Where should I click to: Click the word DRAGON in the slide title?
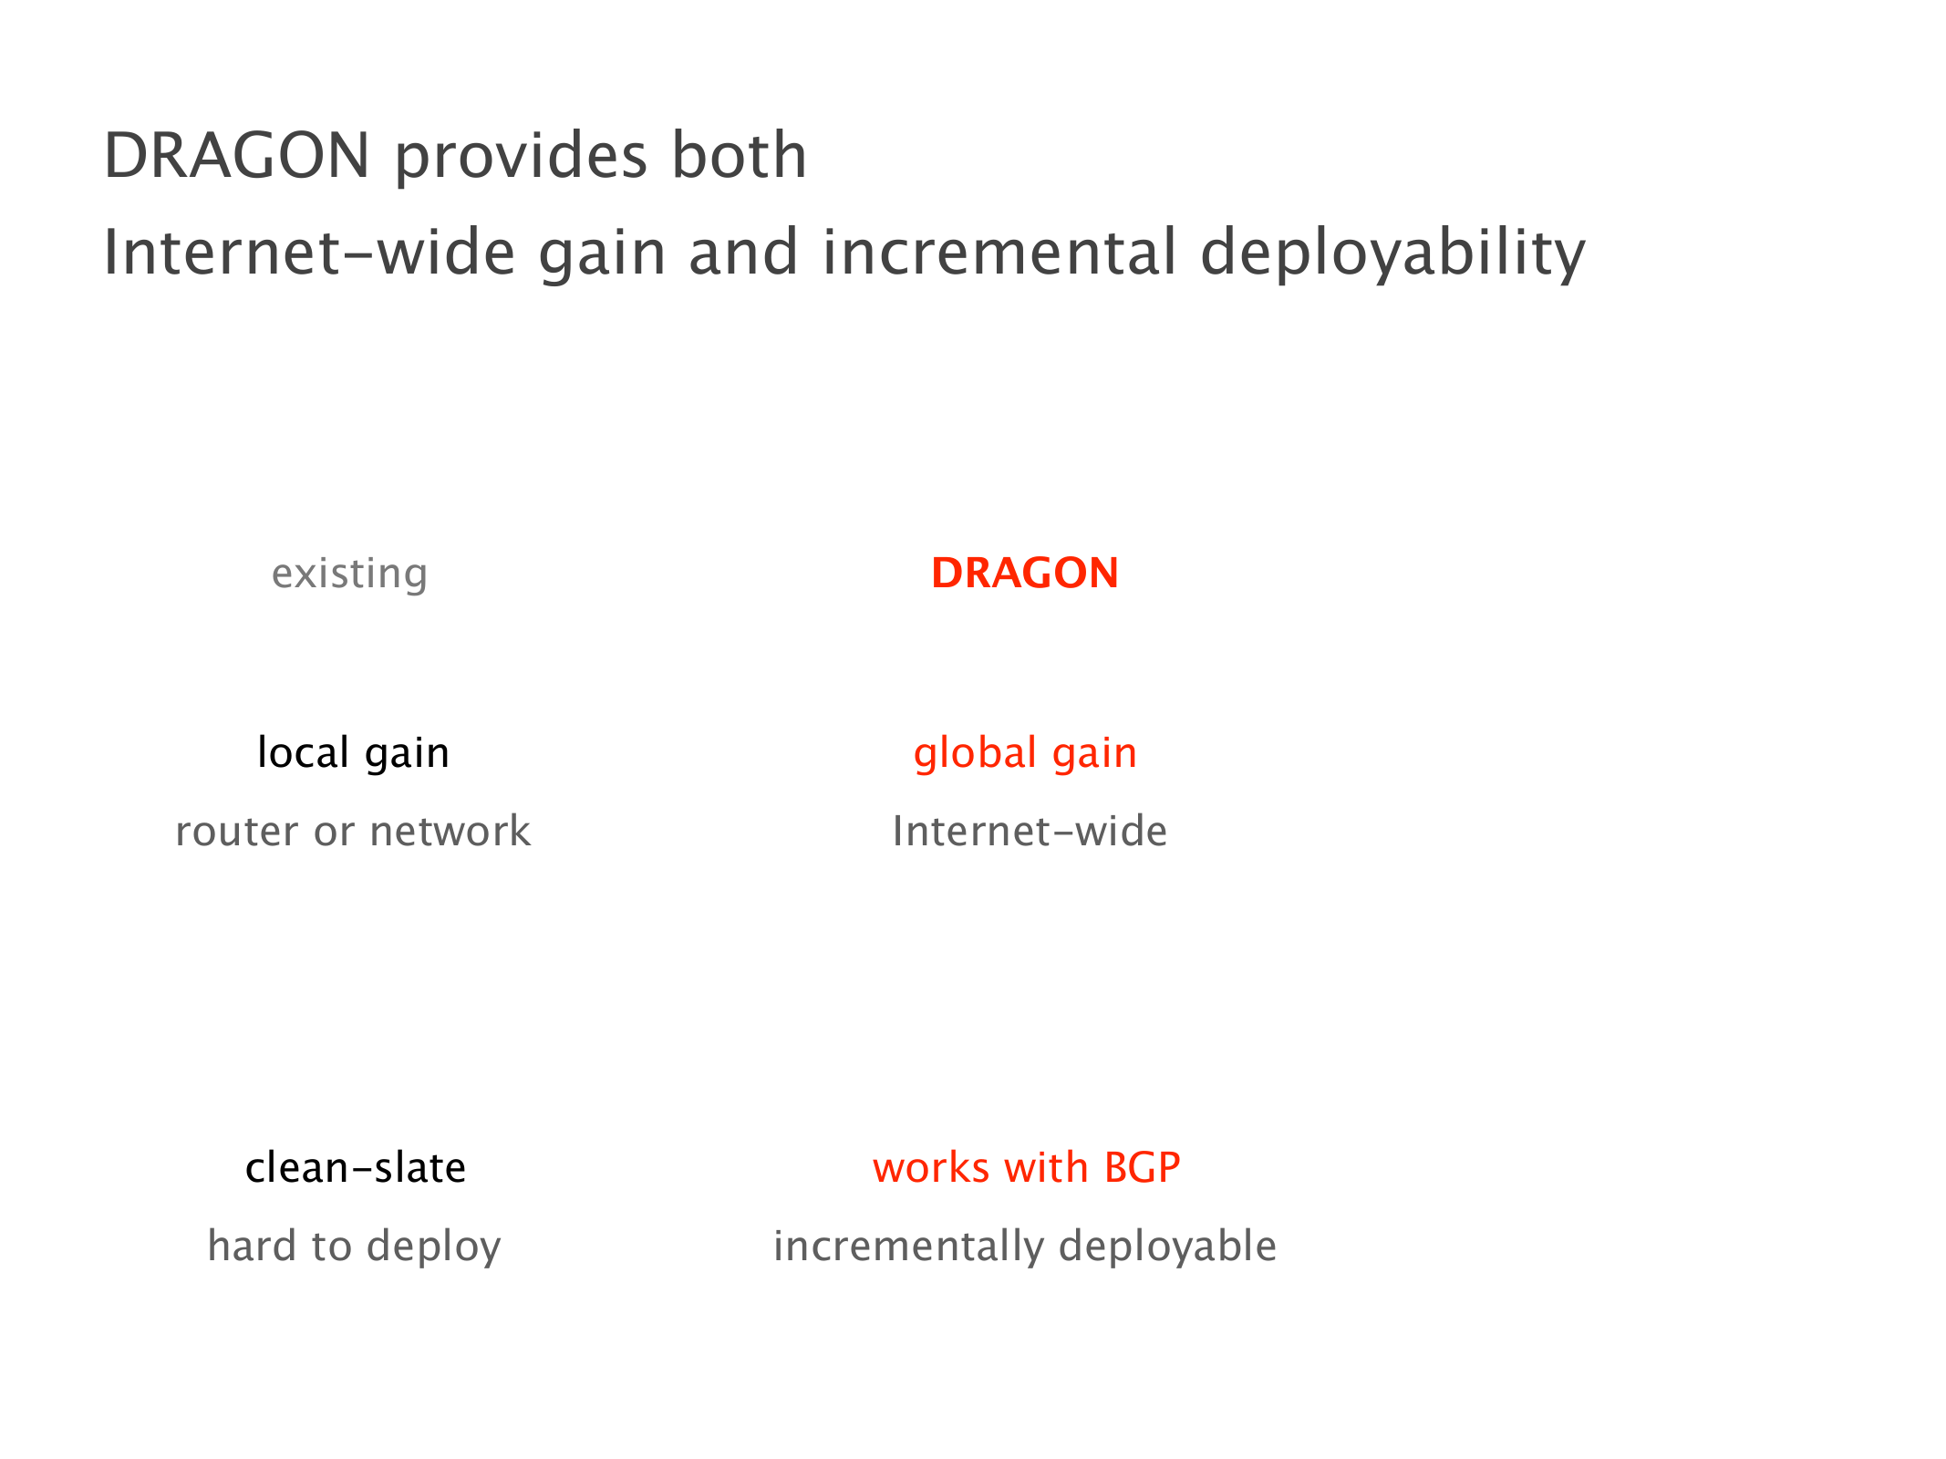click(237, 155)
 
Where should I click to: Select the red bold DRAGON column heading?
click(1025, 574)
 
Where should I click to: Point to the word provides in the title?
click(522, 157)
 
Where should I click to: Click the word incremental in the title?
click(999, 252)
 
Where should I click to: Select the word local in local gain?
click(304, 752)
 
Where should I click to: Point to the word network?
click(450, 831)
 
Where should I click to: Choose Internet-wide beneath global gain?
click(1030, 831)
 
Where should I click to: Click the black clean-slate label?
click(356, 1168)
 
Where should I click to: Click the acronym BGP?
click(1142, 1168)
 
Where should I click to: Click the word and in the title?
click(743, 252)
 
